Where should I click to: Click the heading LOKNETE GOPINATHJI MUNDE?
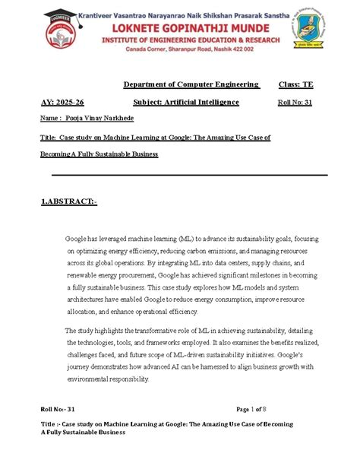pos(190,25)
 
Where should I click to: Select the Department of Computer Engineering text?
pos(191,84)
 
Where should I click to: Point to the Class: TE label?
pos(297,84)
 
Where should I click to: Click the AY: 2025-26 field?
pos(62,102)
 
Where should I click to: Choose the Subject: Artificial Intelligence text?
pos(186,102)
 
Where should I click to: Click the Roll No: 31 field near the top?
pos(295,102)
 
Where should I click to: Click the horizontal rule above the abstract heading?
pos(189,175)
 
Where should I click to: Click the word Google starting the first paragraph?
pos(78,239)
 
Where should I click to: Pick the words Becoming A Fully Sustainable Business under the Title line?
pos(99,154)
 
